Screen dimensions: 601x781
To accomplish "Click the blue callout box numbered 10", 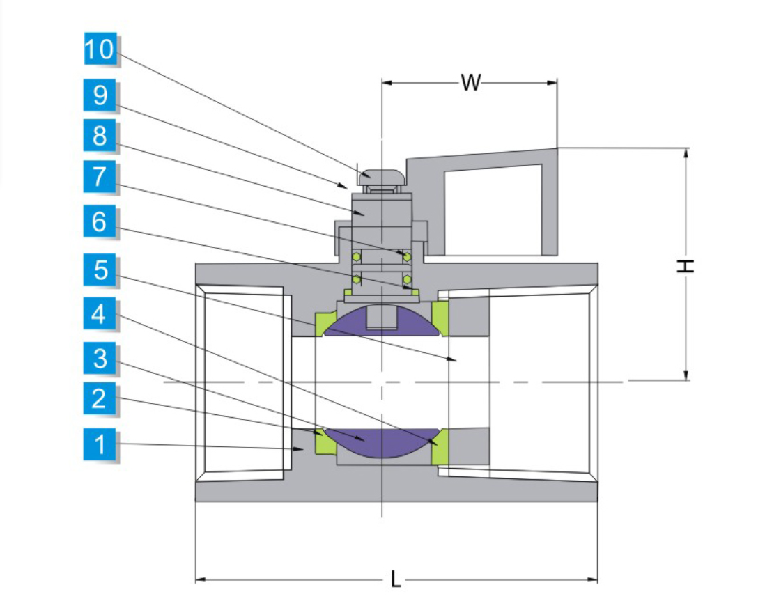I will point(100,50).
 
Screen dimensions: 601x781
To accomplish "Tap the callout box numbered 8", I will point(100,135).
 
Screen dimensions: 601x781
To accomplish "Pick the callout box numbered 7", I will point(100,177).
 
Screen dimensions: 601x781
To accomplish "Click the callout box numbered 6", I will point(100,223).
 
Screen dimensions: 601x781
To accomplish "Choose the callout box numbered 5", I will point(100,270).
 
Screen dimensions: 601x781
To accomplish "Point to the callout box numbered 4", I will point(100,315).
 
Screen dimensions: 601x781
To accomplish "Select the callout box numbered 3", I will point(100,359).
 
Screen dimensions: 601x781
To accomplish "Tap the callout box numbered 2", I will point(100,399).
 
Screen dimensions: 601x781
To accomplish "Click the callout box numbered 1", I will point(100,444).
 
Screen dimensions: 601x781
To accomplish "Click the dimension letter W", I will point(471,83).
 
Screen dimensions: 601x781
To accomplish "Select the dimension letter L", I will point(395,579).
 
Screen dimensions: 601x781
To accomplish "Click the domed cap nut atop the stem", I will point(382,175).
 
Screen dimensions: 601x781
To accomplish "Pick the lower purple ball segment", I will point(382,443).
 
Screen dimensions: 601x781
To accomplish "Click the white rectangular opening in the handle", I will point(493,210).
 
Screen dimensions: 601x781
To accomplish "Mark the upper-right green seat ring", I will point(440,318).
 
